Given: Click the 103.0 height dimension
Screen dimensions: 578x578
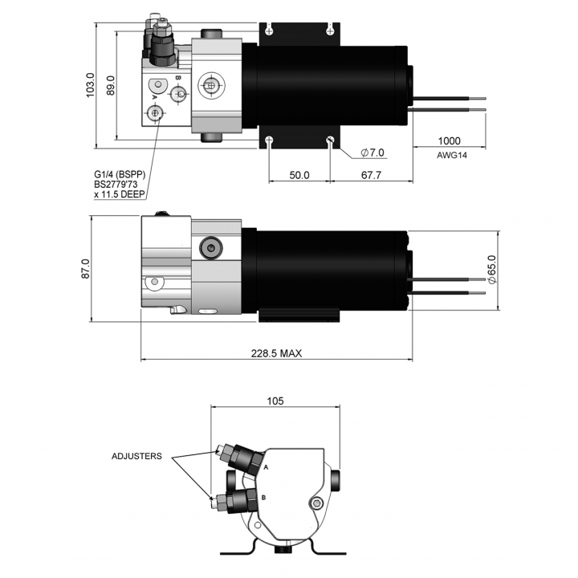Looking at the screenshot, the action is click(90, 85).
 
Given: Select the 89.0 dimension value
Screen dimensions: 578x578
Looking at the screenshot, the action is click(111, 86).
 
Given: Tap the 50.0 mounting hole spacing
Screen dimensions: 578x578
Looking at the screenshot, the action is click(299, 175).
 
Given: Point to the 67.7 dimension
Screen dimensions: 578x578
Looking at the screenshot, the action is click(371, 175).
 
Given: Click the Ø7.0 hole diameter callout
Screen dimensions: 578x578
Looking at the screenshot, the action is click(372, 153).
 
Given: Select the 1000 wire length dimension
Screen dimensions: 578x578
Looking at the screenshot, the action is click(449, 140).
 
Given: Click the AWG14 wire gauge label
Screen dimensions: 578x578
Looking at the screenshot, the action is click(452, 155).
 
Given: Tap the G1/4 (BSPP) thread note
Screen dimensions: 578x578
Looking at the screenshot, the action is click(120, 174).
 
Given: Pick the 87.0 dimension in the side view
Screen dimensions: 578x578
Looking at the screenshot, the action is click(86, 269).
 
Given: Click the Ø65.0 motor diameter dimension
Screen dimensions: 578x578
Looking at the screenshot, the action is click(492, 269).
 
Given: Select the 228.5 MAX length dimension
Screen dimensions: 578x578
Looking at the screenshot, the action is click(276, 353).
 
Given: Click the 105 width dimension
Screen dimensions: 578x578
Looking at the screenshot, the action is click(275, 401).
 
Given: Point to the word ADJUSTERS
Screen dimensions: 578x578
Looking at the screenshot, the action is click(136, 456).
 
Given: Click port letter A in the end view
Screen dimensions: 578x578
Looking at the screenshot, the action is click(267, 467).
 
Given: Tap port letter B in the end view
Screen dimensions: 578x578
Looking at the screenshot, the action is click(263, 498).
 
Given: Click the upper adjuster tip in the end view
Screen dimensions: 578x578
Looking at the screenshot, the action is click(218, 449).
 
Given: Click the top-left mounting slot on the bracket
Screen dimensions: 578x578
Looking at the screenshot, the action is click(270, 29).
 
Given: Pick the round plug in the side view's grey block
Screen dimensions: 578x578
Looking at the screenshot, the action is click(211, 248).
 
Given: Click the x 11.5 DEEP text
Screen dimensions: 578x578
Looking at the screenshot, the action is click(120, 194).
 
